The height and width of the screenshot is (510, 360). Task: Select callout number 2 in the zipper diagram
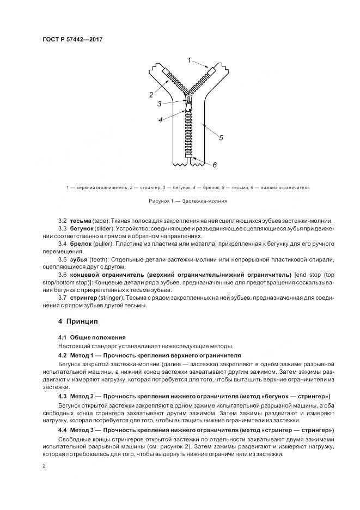pyautogui.click(x=151, y=95)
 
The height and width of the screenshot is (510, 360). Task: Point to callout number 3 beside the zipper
pyautogui.click(x=158, y=104)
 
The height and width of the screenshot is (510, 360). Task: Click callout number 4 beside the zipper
pyautogui.click(x=160, y=120)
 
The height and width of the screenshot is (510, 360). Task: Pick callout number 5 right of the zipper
pyautogui.click(x=221, y=137)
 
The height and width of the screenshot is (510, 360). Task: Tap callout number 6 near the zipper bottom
pyautogui.click(x=215, y=165)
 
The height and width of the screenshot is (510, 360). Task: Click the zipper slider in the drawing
pyautogui.click(x=188, y=102)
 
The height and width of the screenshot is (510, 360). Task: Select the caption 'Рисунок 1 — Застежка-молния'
pyautogui.click(x=180, y=201)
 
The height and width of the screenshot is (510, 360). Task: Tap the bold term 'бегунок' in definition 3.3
pyautogui.click(x=82, y=228)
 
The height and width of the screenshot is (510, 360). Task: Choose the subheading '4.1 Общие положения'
pyautogui.click(x=92, y=338)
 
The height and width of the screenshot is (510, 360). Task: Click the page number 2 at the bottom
pyautogui.click(x=45, y=466)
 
